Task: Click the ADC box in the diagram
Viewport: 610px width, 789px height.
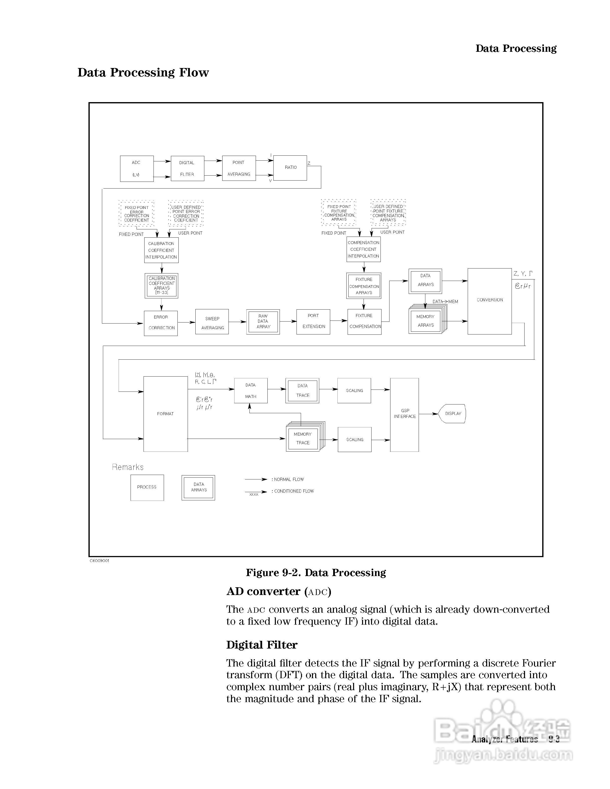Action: [137, 168]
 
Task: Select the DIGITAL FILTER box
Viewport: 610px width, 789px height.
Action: [187, 168]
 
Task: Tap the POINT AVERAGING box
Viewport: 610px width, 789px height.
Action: [238, 168]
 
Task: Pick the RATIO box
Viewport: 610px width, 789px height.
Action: [290, 168]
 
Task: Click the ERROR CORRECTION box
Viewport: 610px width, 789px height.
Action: [161, 323]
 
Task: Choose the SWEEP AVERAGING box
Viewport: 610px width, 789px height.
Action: [212, 322]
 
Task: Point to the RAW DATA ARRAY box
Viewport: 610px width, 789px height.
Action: [263, 322]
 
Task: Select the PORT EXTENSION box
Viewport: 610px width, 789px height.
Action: [313, 322]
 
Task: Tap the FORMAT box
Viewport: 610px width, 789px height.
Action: [165, 414]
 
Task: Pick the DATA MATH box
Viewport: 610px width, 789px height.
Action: [251, 391]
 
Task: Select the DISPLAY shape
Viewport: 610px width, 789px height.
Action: [453, 414]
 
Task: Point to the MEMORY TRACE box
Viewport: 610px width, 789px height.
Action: [303, 439]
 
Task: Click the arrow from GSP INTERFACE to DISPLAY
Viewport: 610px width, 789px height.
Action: [428, 414]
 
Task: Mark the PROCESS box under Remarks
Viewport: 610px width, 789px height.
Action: [147, 487]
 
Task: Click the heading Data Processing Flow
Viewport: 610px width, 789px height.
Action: [143, 73]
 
